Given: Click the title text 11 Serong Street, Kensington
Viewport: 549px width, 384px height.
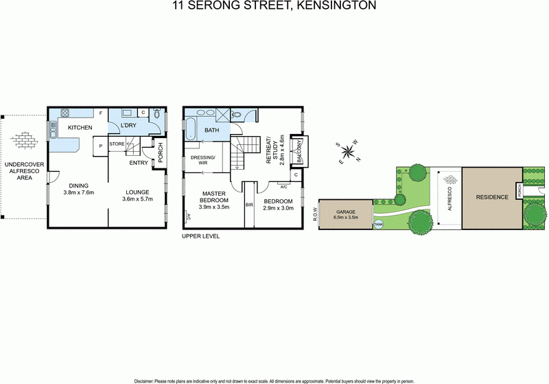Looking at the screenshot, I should point(274,6).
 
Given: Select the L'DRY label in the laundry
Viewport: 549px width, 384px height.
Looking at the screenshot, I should point(130,127).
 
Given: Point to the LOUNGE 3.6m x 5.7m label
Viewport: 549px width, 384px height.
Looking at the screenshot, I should point(138,194).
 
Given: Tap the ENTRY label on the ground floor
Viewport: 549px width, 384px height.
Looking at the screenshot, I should point(139,163).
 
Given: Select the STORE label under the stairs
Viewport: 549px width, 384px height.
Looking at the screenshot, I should point(116,144).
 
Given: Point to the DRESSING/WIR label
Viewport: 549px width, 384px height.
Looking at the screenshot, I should point(203,160).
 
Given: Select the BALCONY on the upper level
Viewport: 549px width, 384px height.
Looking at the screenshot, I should point(299,150).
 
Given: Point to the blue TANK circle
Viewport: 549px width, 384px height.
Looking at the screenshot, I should point(379,224).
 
